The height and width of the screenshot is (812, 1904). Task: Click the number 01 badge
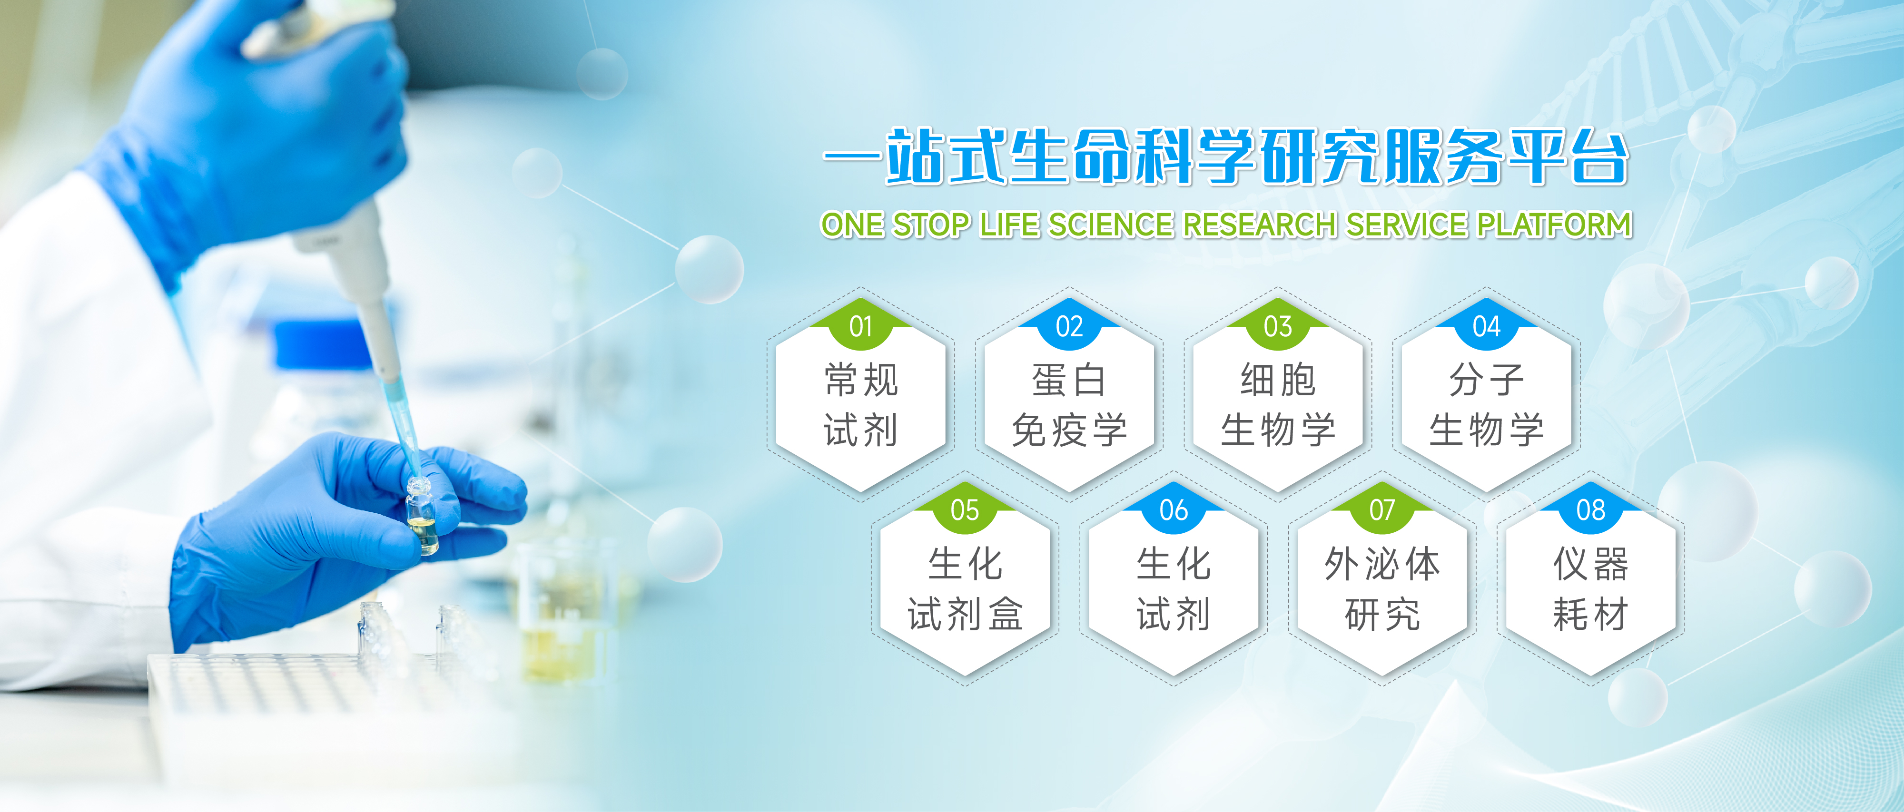click(861, 326)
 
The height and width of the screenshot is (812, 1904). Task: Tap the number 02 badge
click(1069, 326)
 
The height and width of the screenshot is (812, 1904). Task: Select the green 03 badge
click(1278, 326)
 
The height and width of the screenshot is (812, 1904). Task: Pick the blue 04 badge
click(1486, 326)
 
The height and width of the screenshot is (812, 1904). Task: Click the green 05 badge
click(965, 510)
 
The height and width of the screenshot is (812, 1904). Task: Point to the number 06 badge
click(1174, 510)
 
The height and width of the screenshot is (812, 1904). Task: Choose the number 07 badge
click(1382, 510)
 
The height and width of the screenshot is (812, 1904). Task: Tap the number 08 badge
click(1590, 510)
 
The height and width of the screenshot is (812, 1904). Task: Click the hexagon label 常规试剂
click(861, 405)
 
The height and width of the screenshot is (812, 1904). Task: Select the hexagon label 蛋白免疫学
click(1069, 405)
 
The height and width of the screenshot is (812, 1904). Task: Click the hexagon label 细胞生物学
click(1278, 405)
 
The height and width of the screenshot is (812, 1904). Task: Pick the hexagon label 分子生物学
click(1486, 405)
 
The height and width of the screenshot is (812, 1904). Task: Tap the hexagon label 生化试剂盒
click(965, 589)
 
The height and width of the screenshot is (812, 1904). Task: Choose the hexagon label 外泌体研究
click(1382, 589)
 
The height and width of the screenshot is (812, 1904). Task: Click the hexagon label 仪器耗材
click(1590, 589)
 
